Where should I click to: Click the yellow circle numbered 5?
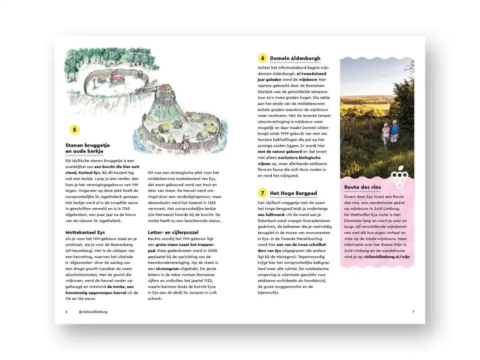(x=74, y=130)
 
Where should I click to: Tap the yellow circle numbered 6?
(x=262, y=58)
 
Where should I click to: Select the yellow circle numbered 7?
(x=262, y=193)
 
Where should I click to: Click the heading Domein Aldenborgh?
(x=295, y=58)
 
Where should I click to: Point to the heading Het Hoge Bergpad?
(x=294, y=193)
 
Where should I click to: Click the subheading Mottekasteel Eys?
(x=85, y=232)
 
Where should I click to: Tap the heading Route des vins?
(x=363, y=187)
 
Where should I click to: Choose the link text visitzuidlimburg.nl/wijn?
(x=386, y=256)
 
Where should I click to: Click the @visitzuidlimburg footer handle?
(x=93, y=311)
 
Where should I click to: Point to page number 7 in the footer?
(x=413, y=311)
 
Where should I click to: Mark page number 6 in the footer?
(x=66, y=311)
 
